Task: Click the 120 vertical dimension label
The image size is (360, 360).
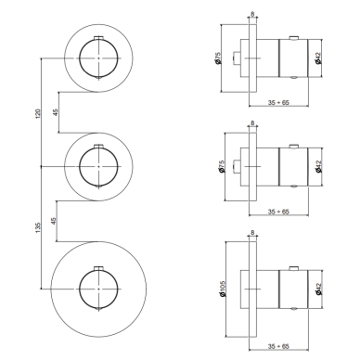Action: pos(38,114)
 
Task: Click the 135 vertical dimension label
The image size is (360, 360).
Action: pos(38,227)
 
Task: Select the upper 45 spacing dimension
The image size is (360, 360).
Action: pos(56,112)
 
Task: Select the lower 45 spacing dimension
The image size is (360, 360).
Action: pos(54,221)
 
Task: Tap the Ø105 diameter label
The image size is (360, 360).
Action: pos(224,289)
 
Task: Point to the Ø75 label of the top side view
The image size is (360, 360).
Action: pos(218,58)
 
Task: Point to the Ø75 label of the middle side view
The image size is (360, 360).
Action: pos(221,166)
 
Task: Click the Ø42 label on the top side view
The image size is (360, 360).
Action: pos(318,58)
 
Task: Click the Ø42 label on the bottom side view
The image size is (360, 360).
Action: pos(318,289)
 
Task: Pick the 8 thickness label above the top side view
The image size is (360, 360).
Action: pos(252,14)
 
